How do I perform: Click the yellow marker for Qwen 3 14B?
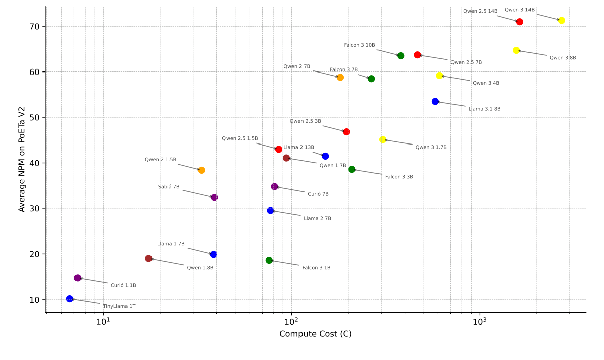[x=561, y=21]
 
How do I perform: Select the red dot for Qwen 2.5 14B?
[x=519, y=22]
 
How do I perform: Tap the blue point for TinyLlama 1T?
[x=70, y=299]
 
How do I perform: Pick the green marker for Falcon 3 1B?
[x=269, y=260]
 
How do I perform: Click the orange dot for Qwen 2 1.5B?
[x=201, y=170]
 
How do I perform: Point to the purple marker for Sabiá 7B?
[x=214, y=197]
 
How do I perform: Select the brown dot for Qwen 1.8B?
[x=148, y=259]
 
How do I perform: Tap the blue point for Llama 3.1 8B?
[x=435, y=102]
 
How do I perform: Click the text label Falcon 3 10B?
[x=359, y=45]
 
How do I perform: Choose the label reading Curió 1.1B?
[x=123, y=285]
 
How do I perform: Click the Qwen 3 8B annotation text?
[x=563, y=58]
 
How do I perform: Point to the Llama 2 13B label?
[x=298, y=147]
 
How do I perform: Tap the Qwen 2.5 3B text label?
[x=305, y=121]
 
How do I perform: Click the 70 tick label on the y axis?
[x=35, y=26]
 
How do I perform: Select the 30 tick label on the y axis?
[x=35, y=208]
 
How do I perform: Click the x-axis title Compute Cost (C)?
[x=316, y=334]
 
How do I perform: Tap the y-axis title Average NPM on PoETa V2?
[x=22, y=159]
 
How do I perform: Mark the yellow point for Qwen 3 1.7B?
[x=383, y=139]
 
